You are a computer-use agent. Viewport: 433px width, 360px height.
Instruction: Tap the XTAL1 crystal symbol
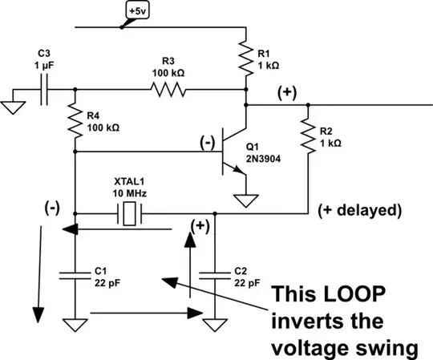pyautogui.click(x=127, y=214)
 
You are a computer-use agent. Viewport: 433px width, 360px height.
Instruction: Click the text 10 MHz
pyautogui.click(x=128, y=194)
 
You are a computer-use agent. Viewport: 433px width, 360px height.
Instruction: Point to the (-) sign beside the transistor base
pyautogui.click(x=208, y=143)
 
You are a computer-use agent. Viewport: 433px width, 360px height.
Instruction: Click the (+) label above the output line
pyautogui.click(x=286, y=91)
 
